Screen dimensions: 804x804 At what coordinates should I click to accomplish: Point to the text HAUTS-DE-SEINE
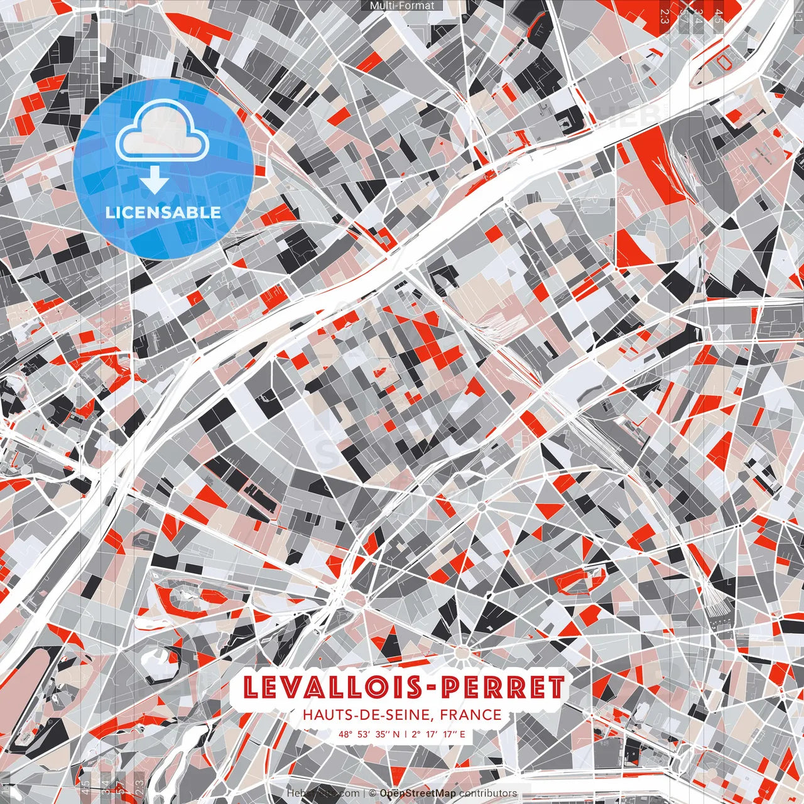click(x=367, y=715)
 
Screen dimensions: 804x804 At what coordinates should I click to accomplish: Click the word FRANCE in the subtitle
click(x=471, y=715)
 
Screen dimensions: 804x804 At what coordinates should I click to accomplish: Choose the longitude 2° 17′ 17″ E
click(x=439, y=734)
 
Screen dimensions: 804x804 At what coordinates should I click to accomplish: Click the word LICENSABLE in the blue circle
click(x=163, y=212)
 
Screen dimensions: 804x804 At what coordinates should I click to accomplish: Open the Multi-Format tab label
click(x=402, y=6)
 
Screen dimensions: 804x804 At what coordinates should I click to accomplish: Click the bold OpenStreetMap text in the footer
click(x=417, y=793)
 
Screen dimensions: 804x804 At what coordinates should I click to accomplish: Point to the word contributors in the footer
click(x=488, y=793)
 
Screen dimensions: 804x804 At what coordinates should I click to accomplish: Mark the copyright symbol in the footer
click(x=372, y=793)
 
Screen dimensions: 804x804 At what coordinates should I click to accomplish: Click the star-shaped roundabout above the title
click(x=463, y=648)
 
